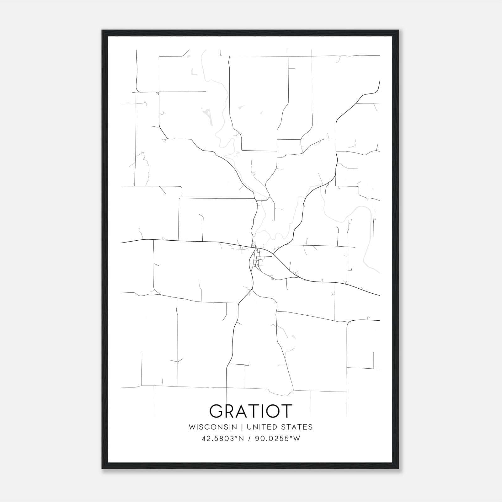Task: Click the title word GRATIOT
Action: click(x=251, y=411)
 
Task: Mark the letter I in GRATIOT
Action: click(x=263, y=411)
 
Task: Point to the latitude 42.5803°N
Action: click(x=223, y=439)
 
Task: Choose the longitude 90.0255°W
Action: click(x=277, y=439)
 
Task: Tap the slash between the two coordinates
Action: click(x=250, y=439)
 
